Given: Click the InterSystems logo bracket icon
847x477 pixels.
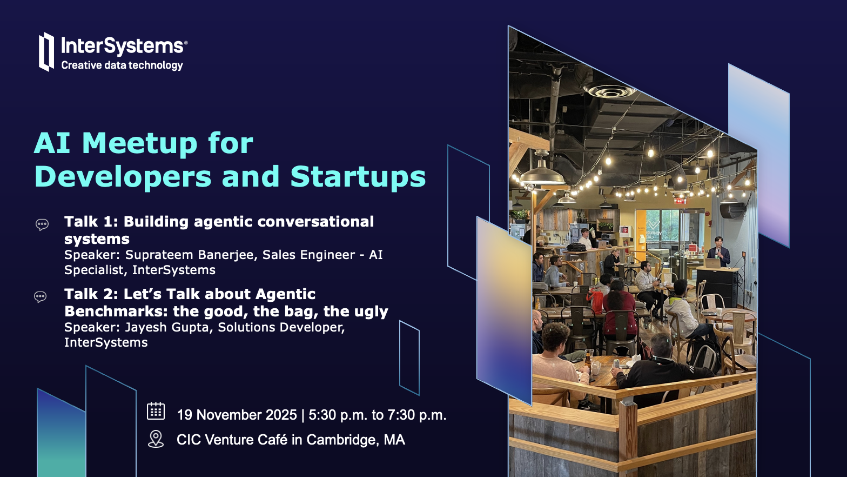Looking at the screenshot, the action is pyautogui.click(x=46, y=52).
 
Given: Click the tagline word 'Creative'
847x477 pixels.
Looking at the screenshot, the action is pyautogui.click(x=82, y=65).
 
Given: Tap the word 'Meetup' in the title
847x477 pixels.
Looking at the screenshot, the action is pyautogui.click(x=139, y=143).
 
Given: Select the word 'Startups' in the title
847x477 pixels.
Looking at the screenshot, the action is pyautogui.click(x=358, y=177).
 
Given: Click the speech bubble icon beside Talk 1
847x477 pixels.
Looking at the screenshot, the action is pyautogui.click(x=42, y=225).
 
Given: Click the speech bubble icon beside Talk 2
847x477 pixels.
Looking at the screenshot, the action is pyautogui.click(x=41, y=297).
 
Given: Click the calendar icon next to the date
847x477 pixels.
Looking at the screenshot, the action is pyautogui.click(x=156, y=411).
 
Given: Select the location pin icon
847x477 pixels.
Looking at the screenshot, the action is pyautogui.click(x=156, y=439).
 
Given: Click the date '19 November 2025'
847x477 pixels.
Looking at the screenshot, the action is pyautogui.click(x=237, y=415).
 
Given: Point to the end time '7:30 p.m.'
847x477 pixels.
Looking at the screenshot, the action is pyautogui.click(x=417, y=415).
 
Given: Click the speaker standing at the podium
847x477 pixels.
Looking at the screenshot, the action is pyautogui.click(x=718, y=252).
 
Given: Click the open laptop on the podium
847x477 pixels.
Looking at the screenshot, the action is pyautogui.click(x=712, y=263).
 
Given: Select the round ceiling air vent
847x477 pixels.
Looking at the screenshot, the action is pyautogui.click(x=609, y=91).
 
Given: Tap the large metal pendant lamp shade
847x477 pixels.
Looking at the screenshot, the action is pyautogui.click(x=542, y=174).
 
